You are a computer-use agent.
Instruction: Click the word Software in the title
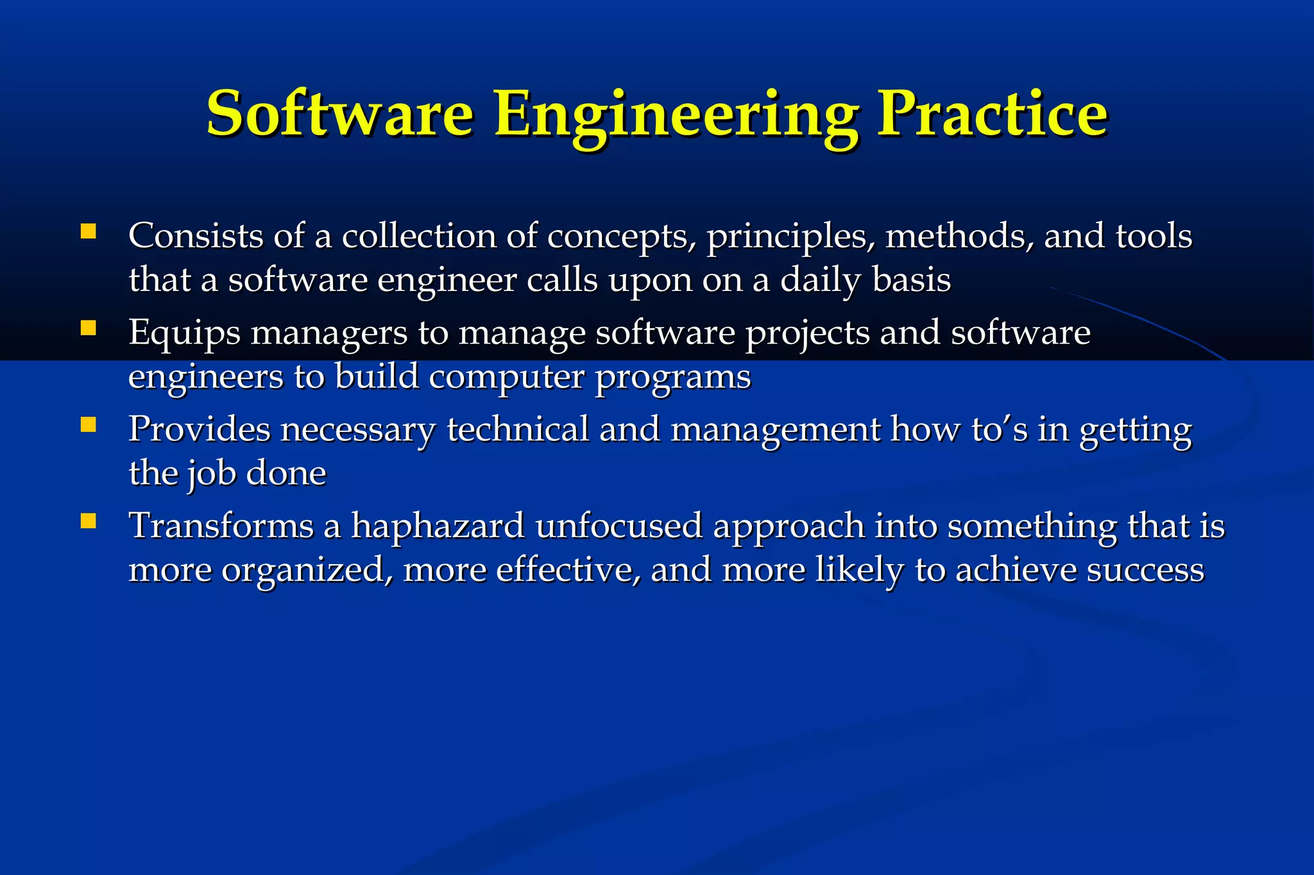pyautogui.click(x=340, y=114)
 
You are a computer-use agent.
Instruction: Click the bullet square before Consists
pyautogui.click(x=88, y=231)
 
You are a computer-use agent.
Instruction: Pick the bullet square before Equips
pyautogui.click(x=88, y=329)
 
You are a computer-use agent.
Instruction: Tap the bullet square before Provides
pyautogui.click(x=88, y=425)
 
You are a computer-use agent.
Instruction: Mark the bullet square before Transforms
pyautogui.click(x=88, y=521)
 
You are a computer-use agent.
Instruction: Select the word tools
pyautogui.click(x=1154, y=236)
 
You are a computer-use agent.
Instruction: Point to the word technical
pyautogui.click(x=517, y=429)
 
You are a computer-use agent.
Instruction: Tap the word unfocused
pyautogui.click(x=619, y=526)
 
